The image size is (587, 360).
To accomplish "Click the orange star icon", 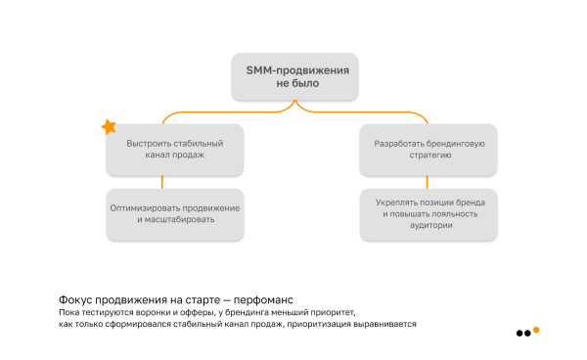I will (x=109, y=127).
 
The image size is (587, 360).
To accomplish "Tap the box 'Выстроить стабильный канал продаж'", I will (x=163, y=149).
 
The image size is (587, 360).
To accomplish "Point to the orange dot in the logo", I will (x=536, y=331).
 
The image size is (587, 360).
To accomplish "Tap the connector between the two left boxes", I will (x=163, y=181).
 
